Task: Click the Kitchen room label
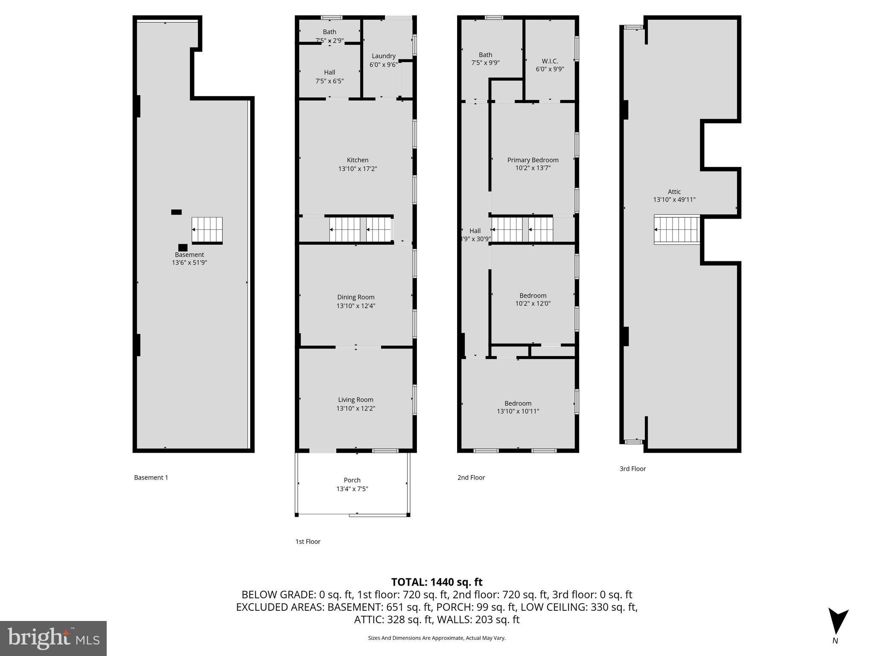[357, 160]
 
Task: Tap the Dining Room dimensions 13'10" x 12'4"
[355, 306]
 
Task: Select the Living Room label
[355, 400]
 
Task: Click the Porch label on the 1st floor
[352, 480]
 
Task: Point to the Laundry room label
[383, 56]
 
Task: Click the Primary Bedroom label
[533, 160]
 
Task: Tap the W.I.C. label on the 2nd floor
[550, 61]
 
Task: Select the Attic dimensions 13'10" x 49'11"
[674, 199]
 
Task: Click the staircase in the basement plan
[207, 230]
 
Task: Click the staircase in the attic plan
[677, 229]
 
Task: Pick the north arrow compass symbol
[838, 622]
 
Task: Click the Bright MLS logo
[53, 638]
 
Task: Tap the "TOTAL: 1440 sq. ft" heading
[437, 582]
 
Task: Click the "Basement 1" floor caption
[151, 477]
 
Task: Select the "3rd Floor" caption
[632, 469]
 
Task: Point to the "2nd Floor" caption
[471, 477]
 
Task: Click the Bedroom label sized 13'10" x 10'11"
[518, 403]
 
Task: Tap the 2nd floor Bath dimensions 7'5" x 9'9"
[485, 63]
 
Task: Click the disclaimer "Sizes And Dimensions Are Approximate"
[437, 638]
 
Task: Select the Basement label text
[189, 255]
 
